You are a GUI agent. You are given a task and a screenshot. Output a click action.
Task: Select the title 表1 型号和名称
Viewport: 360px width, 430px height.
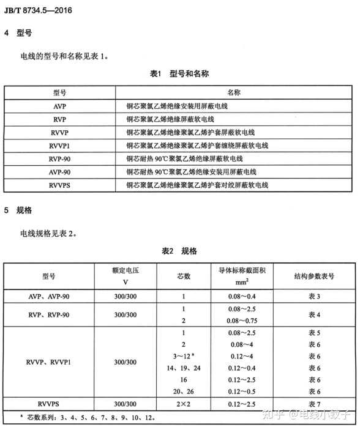(180, 73)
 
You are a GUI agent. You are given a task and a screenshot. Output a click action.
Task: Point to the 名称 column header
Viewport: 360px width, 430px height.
(233, 92)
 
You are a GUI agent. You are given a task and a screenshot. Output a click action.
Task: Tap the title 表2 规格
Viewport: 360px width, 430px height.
(179, 251)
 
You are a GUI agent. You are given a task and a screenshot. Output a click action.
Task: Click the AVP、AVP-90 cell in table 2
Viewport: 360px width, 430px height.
(49, 297)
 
